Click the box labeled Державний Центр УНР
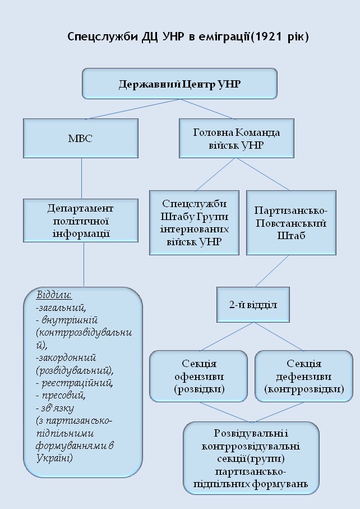[x=179, y=84]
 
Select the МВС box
[x=81, y=138]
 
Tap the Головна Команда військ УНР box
[x=237, y=138]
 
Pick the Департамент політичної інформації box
[x=81, y=221]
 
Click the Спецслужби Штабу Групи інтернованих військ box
[x=194, y=222]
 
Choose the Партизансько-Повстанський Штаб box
[x=291, y=222]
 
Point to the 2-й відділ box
[x=253, y=305]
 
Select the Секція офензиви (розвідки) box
[x=199, y=376]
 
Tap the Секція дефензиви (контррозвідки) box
[x=304, y=376]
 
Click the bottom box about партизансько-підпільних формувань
[x=251, y=458]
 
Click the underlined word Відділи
[x=54, y=295]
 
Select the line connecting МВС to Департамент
[x=81, y=178]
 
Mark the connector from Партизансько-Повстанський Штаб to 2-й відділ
[x=272, y=270]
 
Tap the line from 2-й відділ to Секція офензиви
[x=227, y=336]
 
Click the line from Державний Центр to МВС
[x=133, y=109]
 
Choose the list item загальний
[x=61, y=308]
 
